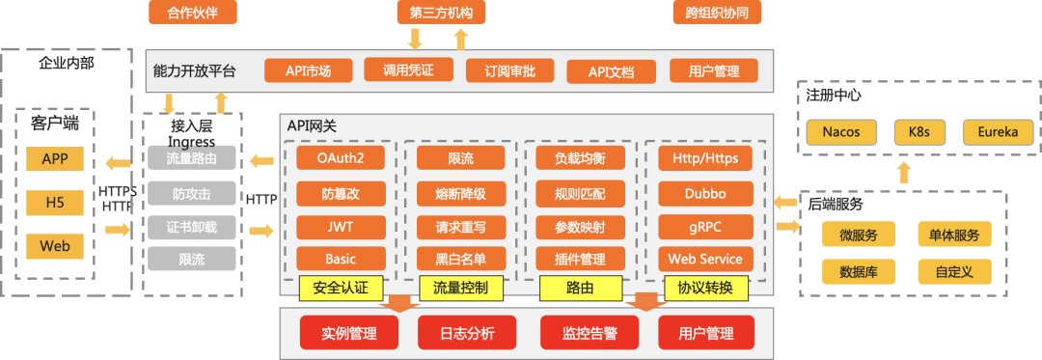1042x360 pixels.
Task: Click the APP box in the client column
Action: point(55,159)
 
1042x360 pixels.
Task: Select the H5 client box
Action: point(55,203)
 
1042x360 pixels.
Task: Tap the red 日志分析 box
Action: point(467,334)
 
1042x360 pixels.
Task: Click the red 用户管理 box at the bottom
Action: point(705,334)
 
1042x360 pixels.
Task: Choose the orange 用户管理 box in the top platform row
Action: point(713,71)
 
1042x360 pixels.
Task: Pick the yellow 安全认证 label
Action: point(341,287)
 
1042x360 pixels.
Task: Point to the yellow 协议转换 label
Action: point(705,287)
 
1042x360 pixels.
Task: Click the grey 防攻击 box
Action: point(191,193)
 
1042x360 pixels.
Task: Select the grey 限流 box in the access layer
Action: point(191,259)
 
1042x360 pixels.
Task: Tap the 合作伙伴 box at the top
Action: point(193,13)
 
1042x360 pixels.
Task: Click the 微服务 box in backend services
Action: point(859,235)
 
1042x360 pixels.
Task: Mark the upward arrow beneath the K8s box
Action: point(904,173)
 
